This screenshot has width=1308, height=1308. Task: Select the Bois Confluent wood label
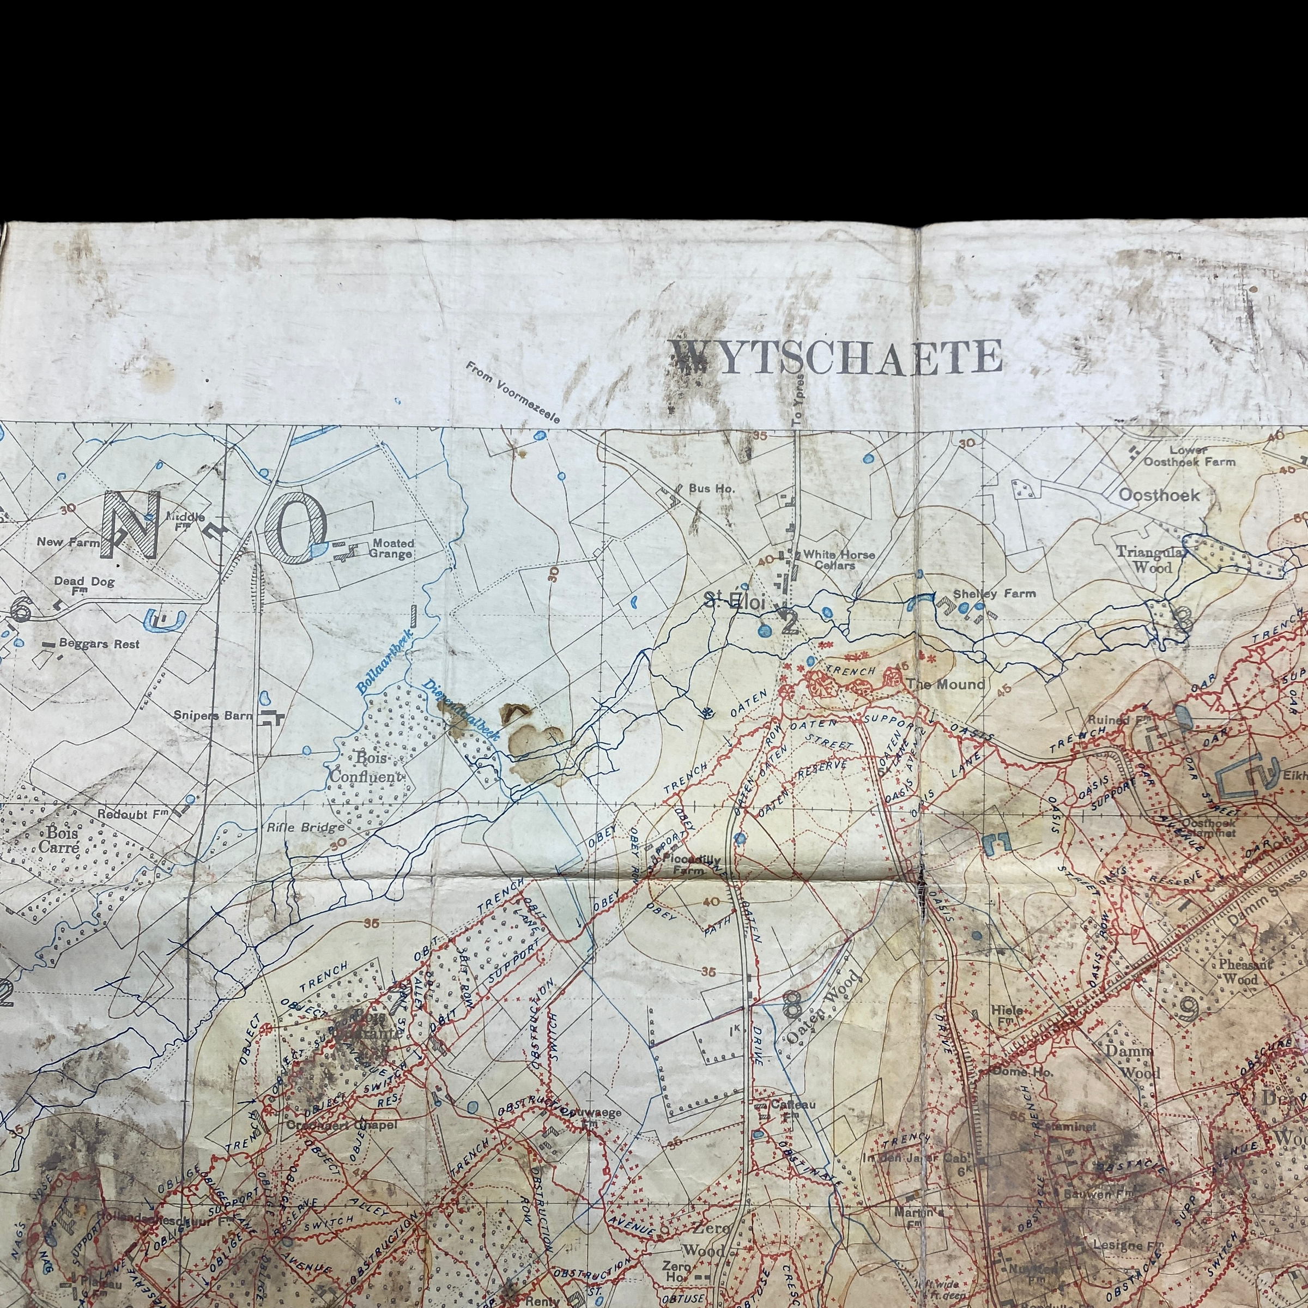(366, 768)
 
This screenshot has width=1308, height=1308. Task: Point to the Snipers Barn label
(213, 716)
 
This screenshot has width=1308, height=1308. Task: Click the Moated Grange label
(391, 548)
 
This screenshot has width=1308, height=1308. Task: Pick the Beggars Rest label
(99, 644)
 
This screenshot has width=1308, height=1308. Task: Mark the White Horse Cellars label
(838, 559)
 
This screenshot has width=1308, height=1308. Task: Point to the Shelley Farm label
(994, 594)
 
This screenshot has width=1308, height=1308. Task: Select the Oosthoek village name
(1158, 495)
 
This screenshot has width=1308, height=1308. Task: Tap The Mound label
(945, 685)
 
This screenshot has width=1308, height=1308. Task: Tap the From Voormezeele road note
(512, 392)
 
